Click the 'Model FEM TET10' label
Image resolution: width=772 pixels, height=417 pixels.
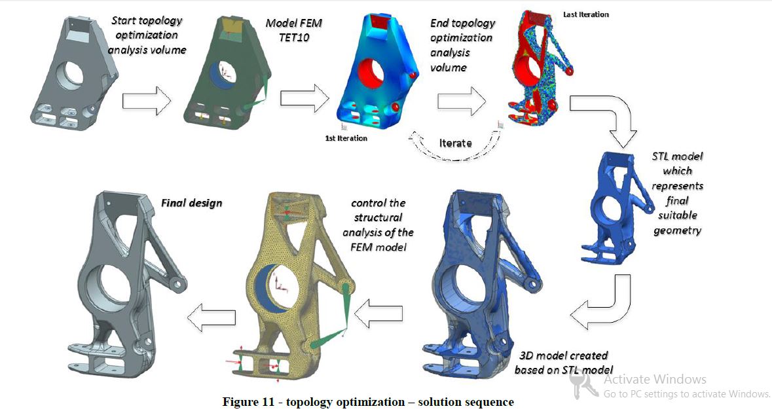coord(294,30)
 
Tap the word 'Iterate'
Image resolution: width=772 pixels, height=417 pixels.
coord(456,143)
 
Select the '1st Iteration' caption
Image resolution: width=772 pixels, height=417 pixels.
coord(346,138)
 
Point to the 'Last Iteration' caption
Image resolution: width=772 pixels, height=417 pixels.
coord(586,15)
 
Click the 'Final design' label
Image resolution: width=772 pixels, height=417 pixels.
coord(191,203)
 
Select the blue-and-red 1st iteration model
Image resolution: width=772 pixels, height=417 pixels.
coord(378,71)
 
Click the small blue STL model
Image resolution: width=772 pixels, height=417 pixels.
coord(613,207)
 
